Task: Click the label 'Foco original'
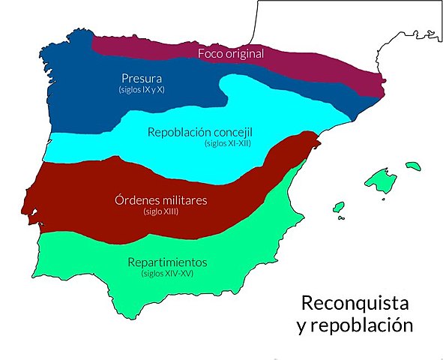tap(231, 54)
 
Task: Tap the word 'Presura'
tap(141, 78)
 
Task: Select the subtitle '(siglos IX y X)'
tap(141, 89)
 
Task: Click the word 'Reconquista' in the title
tap(355, 304)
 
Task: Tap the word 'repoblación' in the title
tap(364, 326)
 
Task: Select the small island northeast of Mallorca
tap(412, 165)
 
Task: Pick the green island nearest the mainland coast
tap(338, 208)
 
